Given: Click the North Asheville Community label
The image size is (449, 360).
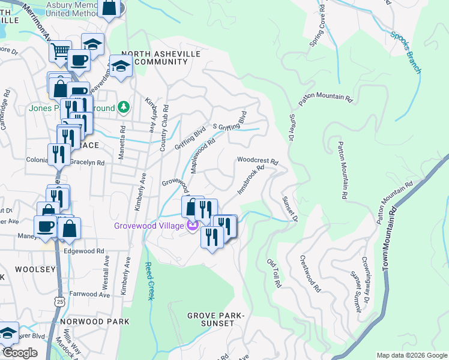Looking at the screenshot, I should click(161, 58).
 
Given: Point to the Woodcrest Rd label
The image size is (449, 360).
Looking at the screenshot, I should click(258, 161).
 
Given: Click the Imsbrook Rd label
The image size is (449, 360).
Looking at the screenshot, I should click(251, 180).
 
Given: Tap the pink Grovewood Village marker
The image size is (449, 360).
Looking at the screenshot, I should click(192, 226).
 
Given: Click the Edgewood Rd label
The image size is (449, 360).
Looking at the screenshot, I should click(84, 251).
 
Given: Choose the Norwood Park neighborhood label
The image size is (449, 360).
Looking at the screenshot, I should click(95, 322).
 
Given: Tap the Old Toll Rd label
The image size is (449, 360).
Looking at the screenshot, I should click(274, 274).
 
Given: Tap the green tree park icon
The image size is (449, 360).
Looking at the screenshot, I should click(124, 107).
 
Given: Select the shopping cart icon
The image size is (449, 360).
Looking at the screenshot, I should click(60, 52).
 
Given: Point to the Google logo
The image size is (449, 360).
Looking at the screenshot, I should click(20, 353).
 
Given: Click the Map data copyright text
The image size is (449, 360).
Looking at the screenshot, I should click(411, 355).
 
